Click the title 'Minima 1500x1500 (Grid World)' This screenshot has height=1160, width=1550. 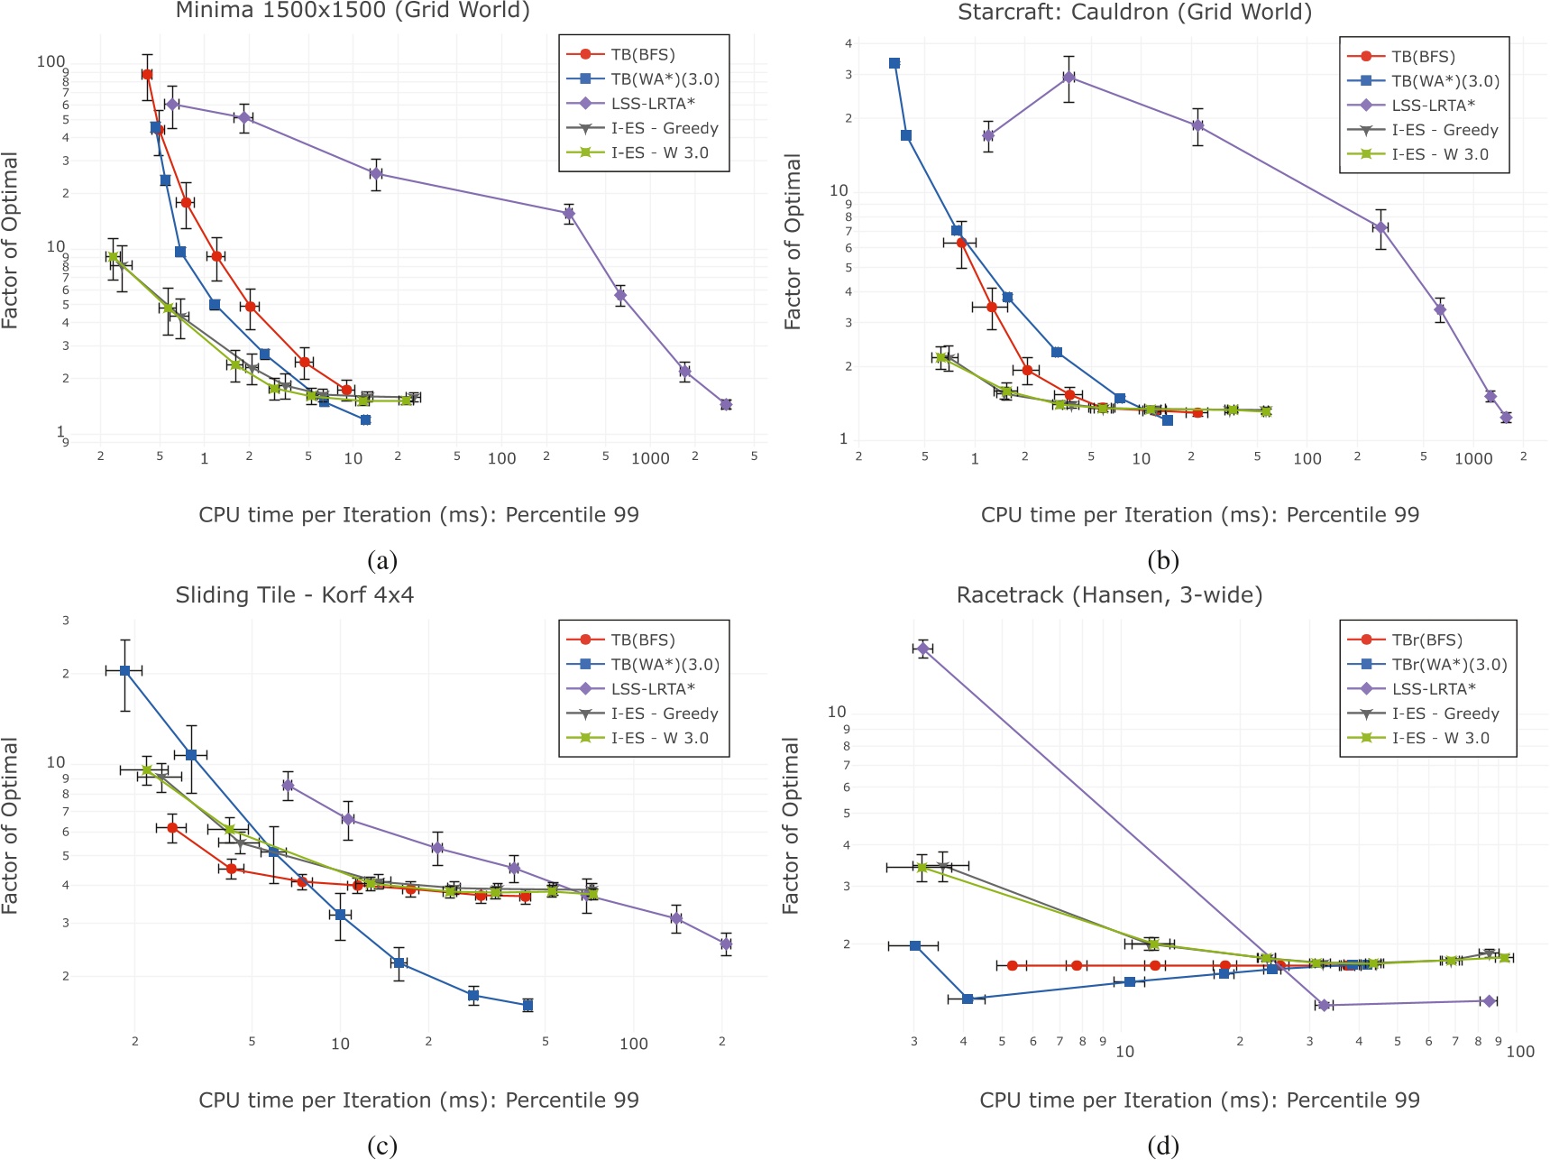(352, 11)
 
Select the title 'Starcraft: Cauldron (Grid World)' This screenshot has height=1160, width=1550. (1134, 12)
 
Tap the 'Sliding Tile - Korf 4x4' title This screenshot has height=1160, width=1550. (294, 595)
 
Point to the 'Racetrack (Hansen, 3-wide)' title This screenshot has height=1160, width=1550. (1109, 595)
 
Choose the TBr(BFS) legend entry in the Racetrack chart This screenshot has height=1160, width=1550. (1426, 640)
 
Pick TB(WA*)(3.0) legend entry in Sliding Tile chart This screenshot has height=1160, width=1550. (665, 665)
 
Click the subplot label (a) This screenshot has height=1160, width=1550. (382, 561)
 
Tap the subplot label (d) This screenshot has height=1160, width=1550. (1163, 1146)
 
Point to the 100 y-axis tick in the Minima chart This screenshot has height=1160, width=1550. (50, 61)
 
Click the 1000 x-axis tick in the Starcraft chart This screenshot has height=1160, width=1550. (1473, 458)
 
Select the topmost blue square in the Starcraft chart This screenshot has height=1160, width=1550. (894, 63)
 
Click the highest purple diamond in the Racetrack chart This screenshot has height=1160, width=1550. (922, 649)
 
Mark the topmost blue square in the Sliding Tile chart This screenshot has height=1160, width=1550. (124, 670)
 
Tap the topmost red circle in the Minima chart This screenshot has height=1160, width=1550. (147, 75)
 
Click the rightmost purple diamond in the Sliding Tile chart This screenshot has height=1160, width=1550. (726, 944)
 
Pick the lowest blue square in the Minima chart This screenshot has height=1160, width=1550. (365, 420)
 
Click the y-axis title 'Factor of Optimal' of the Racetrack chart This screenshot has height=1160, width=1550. (791, 825)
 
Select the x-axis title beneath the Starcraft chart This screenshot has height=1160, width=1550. (1199, 515)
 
